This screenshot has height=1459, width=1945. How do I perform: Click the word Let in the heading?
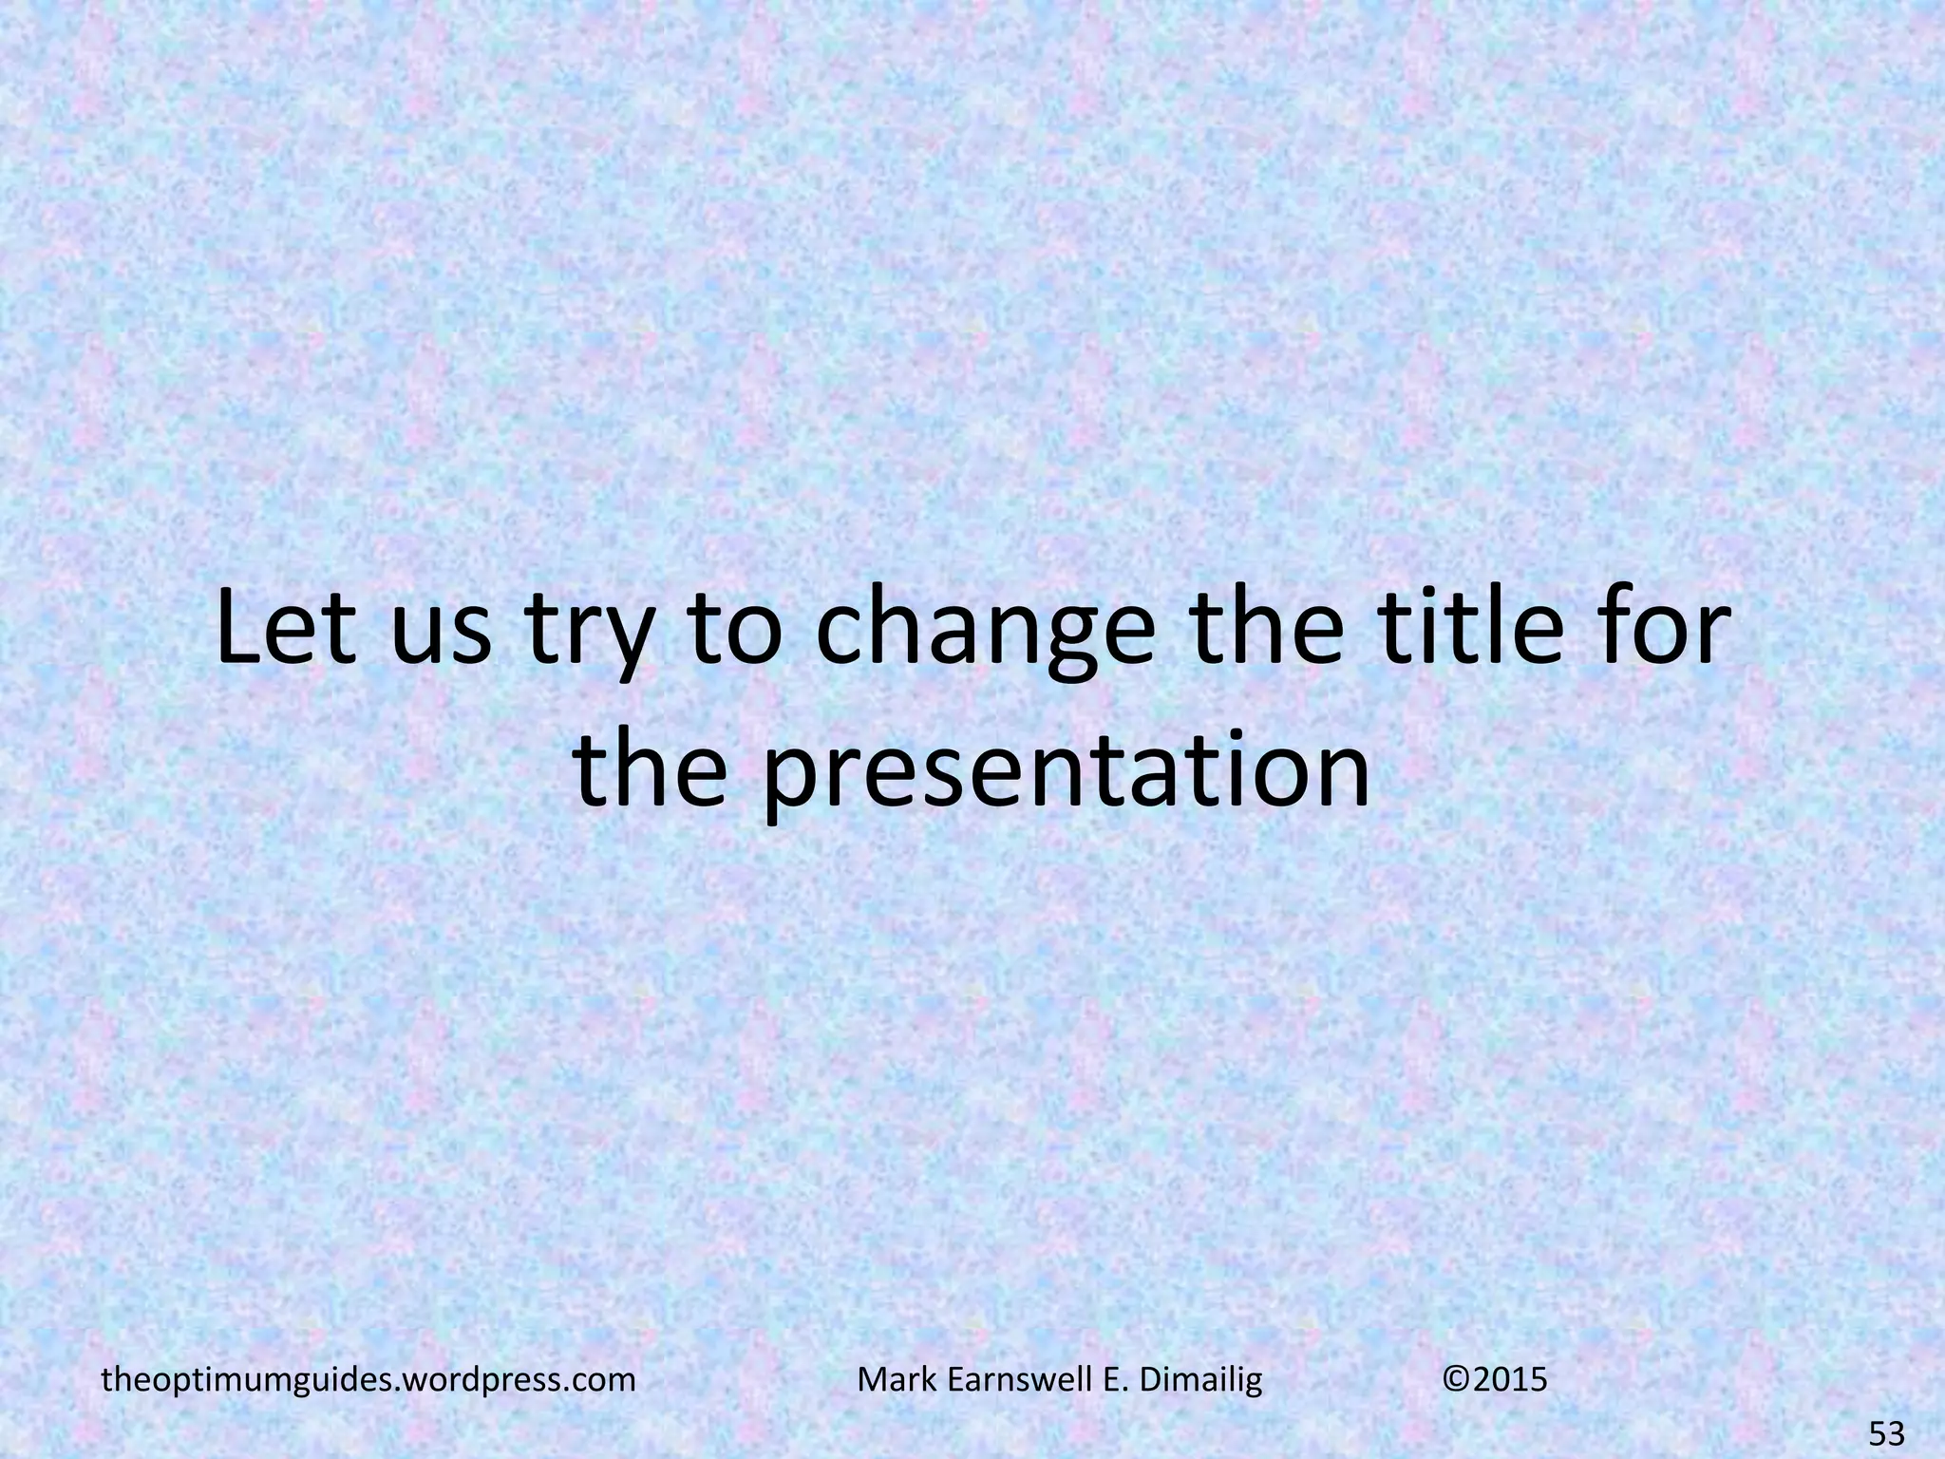281,630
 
